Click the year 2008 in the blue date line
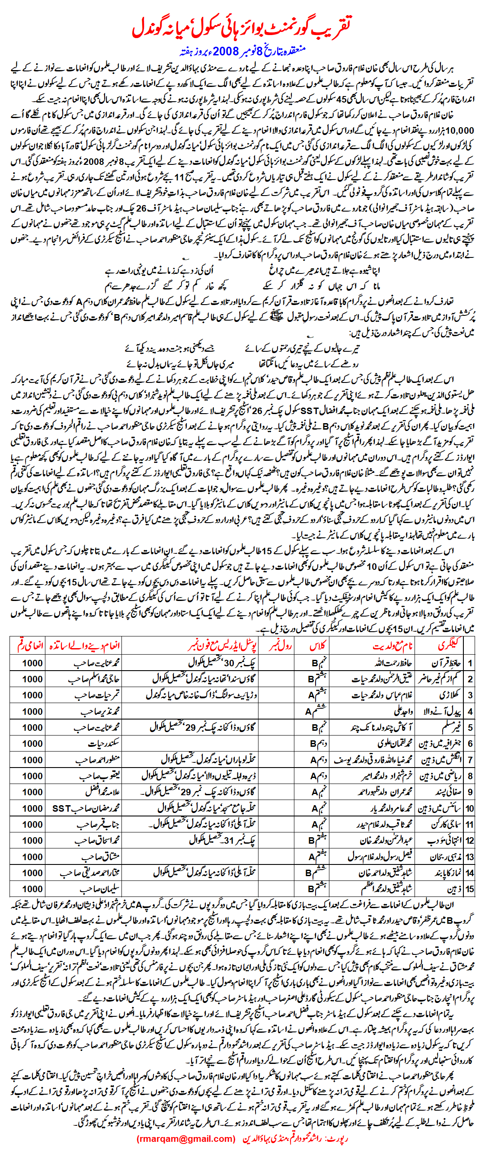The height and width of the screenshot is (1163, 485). tap(225, 51)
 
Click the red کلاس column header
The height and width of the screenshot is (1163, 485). tap(318, 646)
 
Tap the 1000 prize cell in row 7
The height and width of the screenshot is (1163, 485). tap(32, 760)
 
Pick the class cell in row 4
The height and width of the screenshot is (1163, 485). tap(316, 712)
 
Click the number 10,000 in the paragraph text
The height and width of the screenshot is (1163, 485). tap(460, 131)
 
